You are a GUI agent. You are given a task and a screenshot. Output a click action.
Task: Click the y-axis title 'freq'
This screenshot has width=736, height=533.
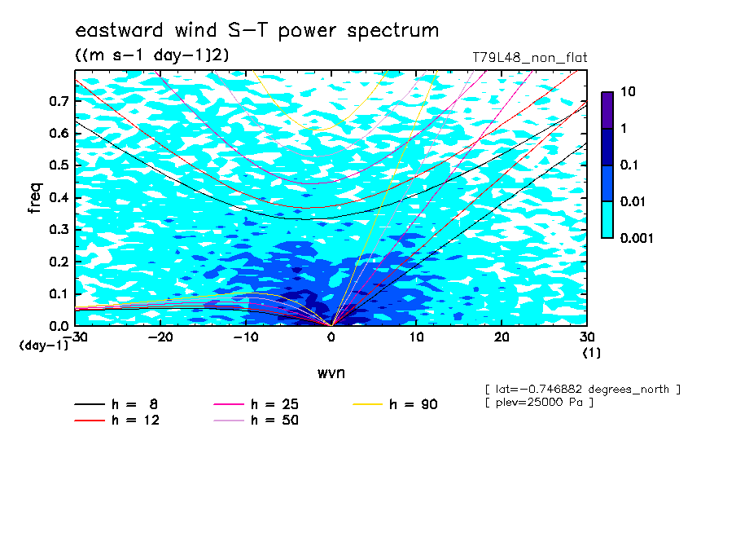click(35, 198)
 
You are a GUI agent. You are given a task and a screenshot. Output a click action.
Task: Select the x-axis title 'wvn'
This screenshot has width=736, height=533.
click(331, 373)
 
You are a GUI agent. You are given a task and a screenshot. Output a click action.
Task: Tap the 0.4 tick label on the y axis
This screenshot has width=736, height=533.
click(59, 197)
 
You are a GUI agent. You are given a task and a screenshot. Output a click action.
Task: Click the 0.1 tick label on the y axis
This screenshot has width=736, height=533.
click(59, 293)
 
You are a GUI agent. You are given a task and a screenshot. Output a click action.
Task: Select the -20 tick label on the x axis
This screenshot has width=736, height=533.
click(160, 337)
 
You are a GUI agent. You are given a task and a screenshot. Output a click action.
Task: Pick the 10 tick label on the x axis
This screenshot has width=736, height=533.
click(416, 337)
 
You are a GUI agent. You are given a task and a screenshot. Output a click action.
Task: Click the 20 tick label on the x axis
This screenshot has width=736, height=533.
click(502, 337)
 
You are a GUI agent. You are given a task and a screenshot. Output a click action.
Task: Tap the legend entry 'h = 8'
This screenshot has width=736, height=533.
click(116, 404)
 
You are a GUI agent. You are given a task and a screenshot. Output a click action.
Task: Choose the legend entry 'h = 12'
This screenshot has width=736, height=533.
click(117, 420)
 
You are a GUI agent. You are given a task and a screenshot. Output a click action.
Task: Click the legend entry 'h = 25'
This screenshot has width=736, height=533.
click(256, 404)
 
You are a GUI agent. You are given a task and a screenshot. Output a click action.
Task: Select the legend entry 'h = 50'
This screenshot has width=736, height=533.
click(256, 420)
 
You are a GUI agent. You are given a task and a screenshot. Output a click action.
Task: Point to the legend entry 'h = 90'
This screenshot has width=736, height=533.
click(395, 404)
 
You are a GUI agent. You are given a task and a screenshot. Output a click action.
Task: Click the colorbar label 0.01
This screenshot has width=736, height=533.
click(633, 201)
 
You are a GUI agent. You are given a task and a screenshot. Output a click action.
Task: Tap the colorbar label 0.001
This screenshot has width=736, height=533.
click(637, 238)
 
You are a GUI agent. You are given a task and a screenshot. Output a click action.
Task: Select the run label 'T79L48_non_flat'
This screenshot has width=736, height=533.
click(529, 58)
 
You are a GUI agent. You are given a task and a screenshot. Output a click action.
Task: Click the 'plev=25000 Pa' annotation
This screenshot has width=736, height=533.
click(539, 403)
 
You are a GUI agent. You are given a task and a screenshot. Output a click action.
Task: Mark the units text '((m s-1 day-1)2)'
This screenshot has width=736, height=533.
click(152, 55)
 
